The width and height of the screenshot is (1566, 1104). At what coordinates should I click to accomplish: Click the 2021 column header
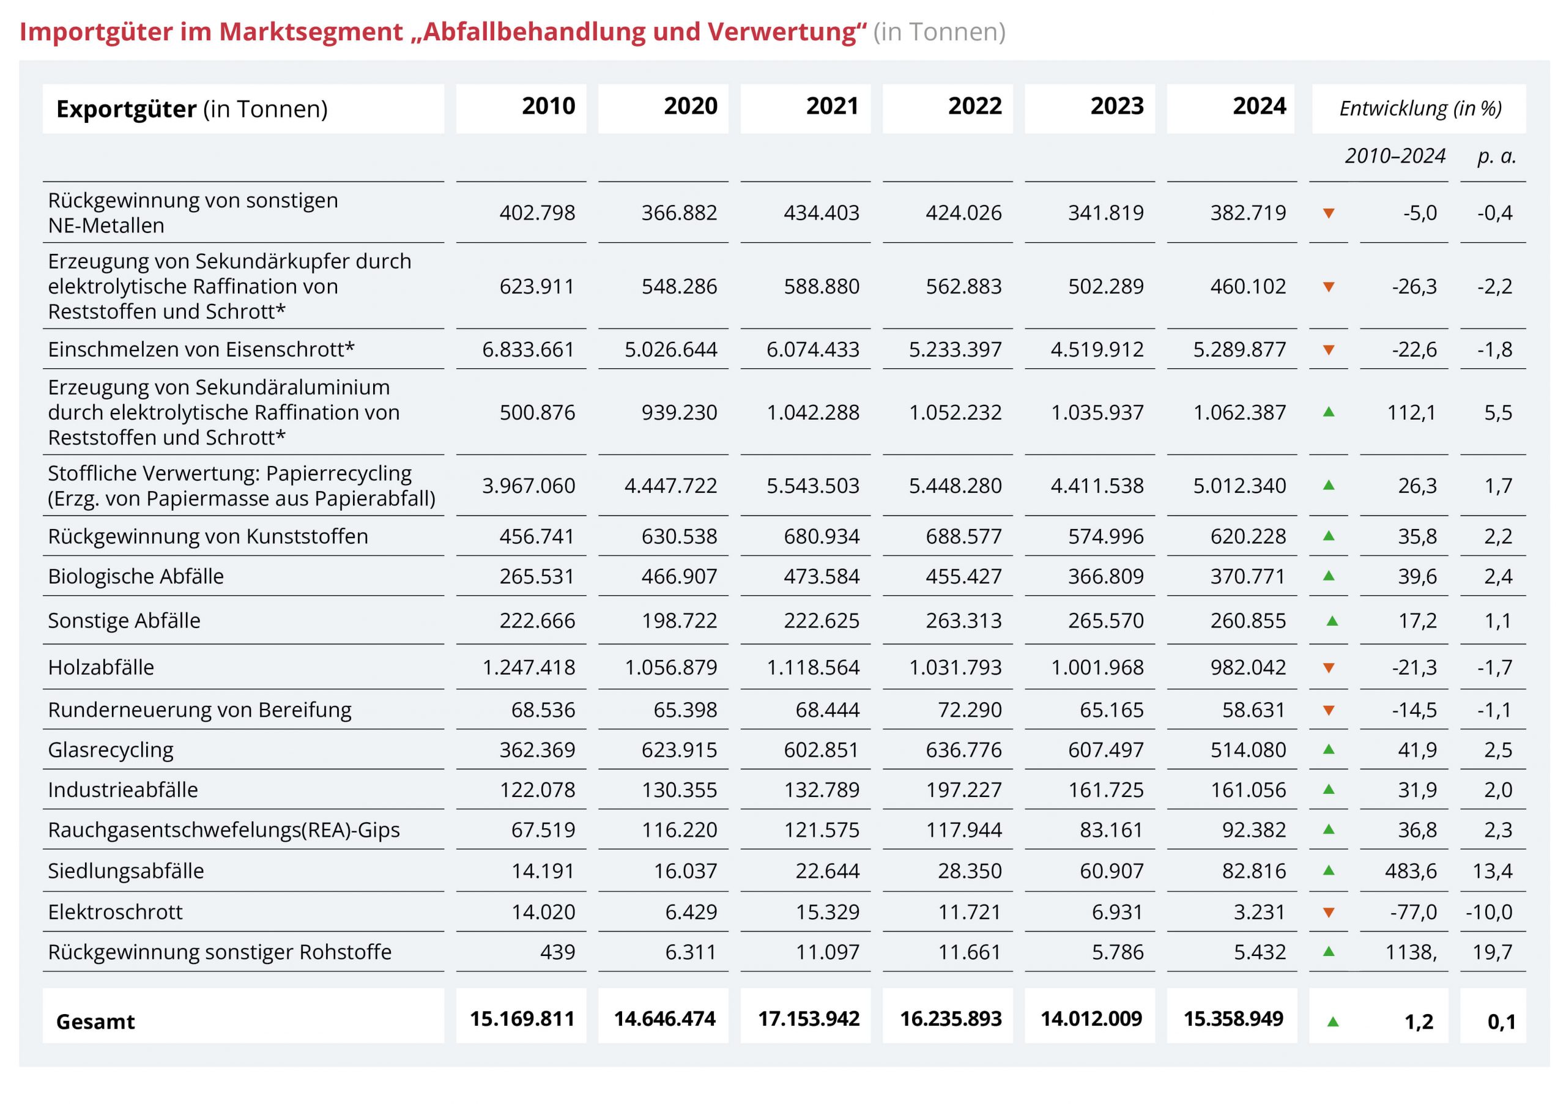[831, 106]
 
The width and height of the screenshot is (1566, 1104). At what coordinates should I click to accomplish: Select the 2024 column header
[1258, 106]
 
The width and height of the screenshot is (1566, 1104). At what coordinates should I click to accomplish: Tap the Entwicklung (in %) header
[1420, 108]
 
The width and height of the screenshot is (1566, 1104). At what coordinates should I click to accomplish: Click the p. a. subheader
[1496, 156]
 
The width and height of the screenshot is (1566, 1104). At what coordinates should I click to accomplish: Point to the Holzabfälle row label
[101, 667]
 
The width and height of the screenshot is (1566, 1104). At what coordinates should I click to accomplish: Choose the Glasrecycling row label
[111, 749]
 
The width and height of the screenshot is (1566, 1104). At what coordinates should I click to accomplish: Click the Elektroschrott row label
[115, 912]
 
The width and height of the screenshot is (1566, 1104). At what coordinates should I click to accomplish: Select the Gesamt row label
[95, 1021]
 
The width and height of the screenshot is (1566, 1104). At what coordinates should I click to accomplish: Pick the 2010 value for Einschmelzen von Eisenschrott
[528, 349]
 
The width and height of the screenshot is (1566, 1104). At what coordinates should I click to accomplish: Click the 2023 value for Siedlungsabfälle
[1111, 871]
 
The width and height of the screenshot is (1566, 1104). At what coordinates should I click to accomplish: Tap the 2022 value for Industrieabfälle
[963, 790]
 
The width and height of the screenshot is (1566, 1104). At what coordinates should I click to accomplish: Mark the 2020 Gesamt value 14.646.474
[664, 1019]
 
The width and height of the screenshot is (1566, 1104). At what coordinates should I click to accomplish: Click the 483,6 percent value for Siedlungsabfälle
[1410, 871]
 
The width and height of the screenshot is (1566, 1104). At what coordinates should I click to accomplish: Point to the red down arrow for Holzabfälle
[1328, 667]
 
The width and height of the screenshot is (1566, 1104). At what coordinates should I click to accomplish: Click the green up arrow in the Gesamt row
[1332, 1021]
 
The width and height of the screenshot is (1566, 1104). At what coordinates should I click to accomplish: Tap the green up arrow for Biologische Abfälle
[1328, 576]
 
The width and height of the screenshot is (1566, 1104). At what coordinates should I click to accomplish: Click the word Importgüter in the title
[95, 32]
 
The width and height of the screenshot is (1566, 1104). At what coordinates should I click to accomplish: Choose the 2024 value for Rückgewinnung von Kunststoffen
[1247, 536]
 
